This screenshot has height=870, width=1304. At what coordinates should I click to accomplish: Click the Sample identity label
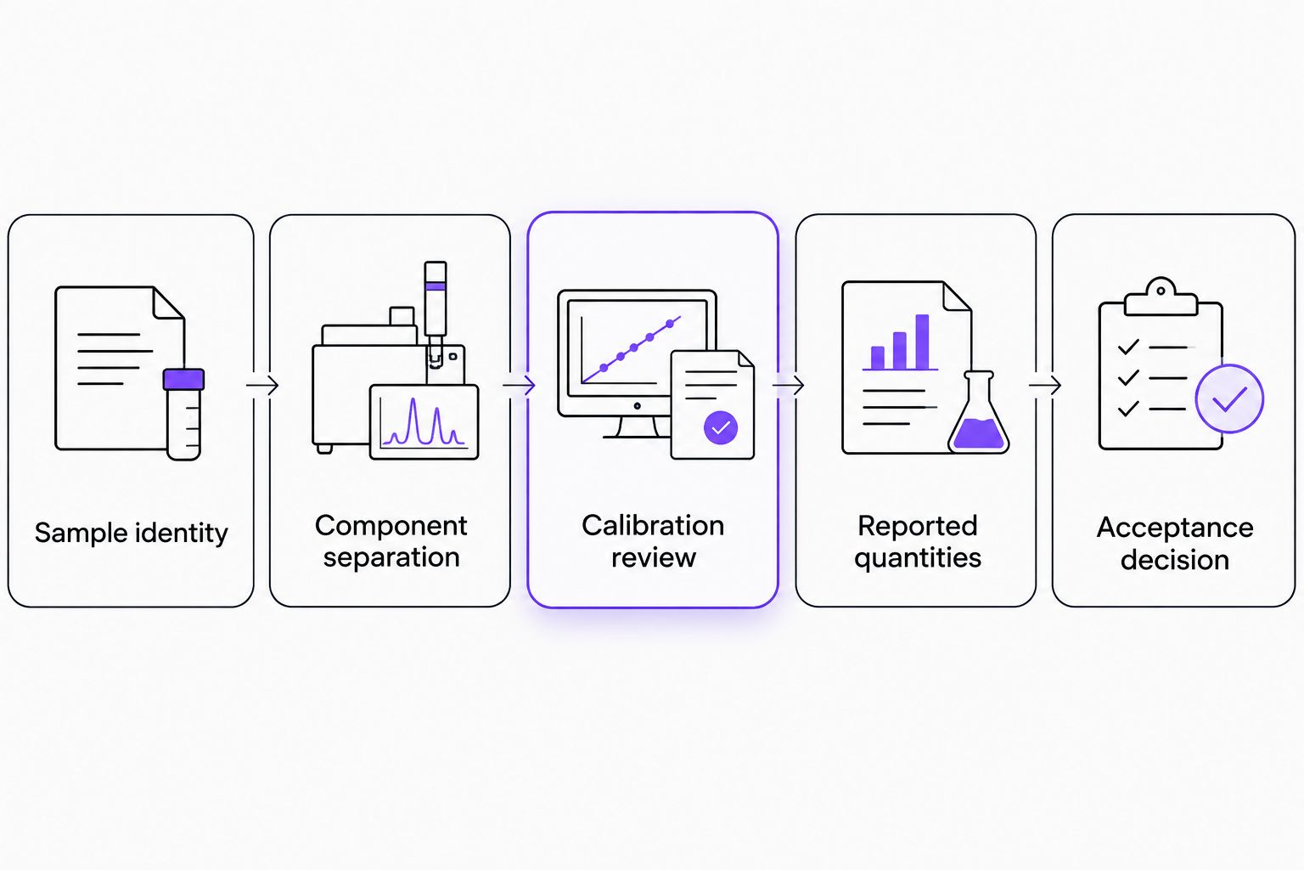point(131,534)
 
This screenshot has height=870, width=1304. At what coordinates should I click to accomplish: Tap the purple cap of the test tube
point(183,379)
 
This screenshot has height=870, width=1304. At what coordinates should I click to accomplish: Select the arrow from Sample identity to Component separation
point(262,385)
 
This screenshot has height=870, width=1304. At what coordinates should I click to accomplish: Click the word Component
point(391,526)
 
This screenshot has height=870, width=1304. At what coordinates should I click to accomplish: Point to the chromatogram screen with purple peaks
point(424,422)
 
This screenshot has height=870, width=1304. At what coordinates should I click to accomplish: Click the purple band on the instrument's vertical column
point(436,285)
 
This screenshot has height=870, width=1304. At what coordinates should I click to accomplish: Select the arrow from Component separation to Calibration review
point(519,385)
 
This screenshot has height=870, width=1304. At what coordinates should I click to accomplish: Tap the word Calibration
point(653,526)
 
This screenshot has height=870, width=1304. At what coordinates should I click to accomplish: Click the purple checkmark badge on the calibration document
point(721,427)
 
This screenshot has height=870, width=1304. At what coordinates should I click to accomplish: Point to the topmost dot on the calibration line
point(670,324)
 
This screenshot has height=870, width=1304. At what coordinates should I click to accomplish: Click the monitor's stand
point(638,427)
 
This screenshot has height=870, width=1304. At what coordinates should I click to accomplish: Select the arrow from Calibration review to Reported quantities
point(788,385)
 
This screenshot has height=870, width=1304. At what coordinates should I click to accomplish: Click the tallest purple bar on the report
point(922,342)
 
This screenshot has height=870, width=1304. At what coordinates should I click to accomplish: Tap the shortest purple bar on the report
point(877,358)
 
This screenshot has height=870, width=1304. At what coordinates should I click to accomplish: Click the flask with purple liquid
point(979,412)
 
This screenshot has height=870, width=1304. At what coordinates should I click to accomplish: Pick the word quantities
point(918,558)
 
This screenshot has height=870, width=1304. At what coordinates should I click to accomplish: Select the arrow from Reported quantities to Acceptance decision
point(1045,385)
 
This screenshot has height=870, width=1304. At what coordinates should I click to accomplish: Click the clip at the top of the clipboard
point(1161,297)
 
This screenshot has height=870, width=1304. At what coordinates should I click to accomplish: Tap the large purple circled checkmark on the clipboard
point(1229,398)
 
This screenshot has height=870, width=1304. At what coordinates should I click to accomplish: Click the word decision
point(1175,559)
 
